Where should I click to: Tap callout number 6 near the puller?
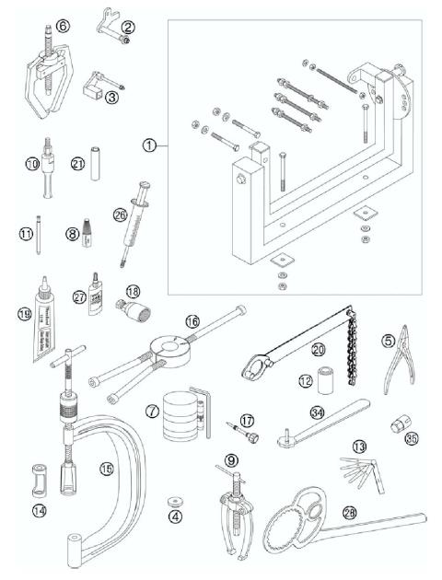pyautogui.click(x=62, y=27)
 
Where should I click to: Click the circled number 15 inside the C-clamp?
pyautogui.click(x=106, y=469)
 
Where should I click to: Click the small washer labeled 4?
pyautogui.click(x=172, y=503)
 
